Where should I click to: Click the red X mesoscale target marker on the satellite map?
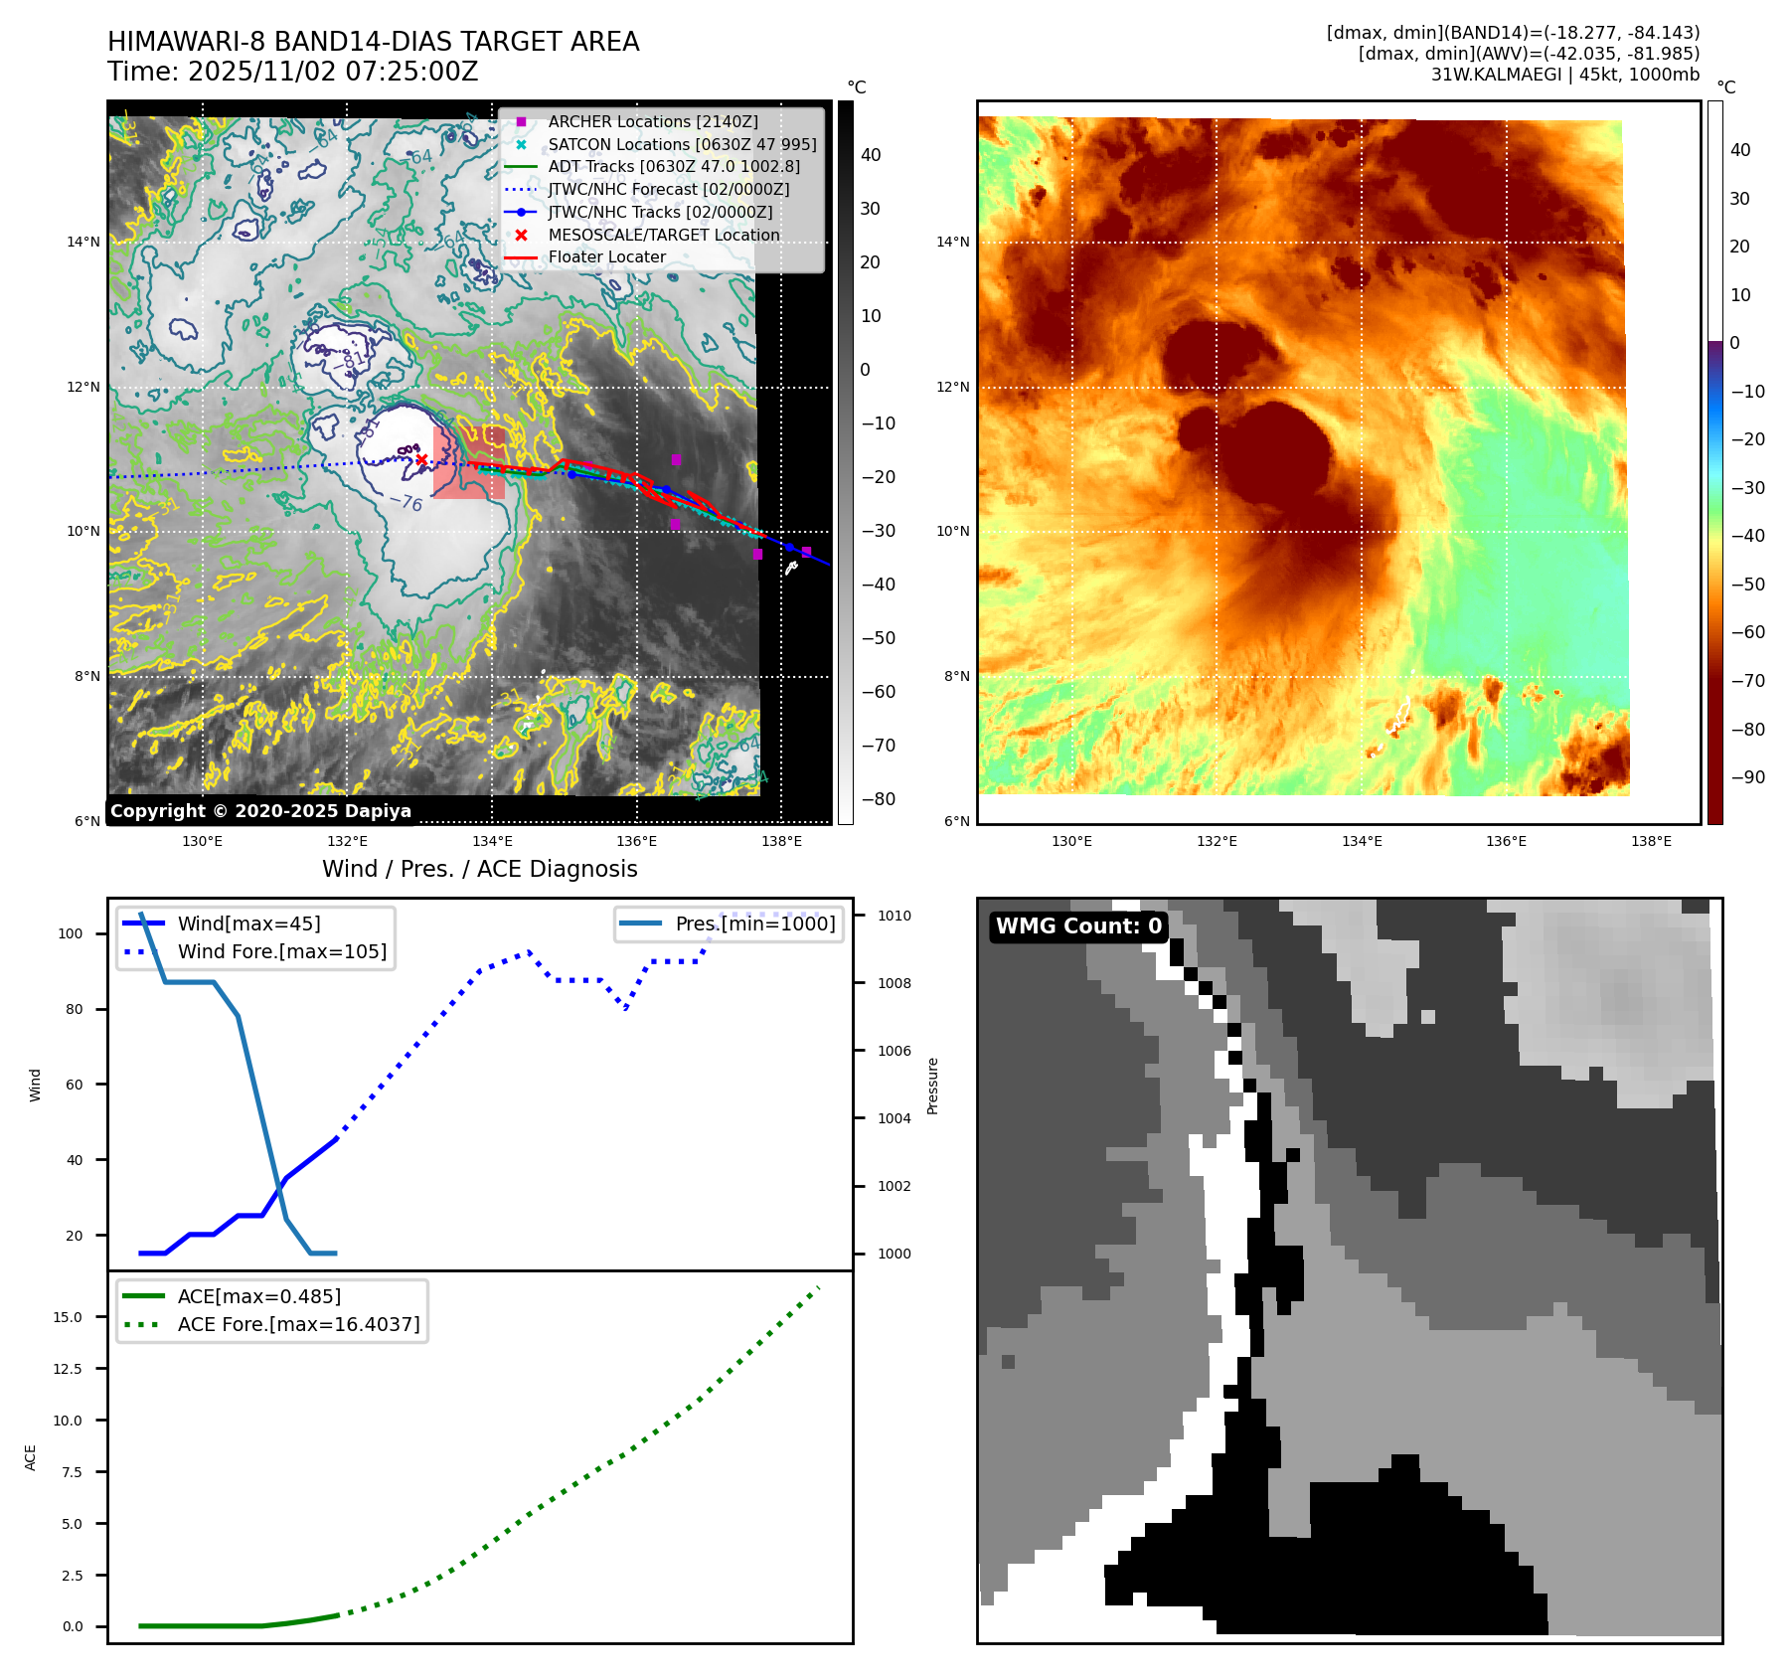pos(421,459)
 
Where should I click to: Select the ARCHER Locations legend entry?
pos(652,121)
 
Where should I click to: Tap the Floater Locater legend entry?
pos(606,256)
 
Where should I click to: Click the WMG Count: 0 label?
pos(1078,926)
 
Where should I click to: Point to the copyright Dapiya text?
pos(260,811)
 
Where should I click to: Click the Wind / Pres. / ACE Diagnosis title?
pos(479,869)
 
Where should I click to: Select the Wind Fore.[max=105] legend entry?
pos(281,951)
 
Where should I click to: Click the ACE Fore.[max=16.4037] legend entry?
pos(298,1324)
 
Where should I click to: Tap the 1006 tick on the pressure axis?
pos(894,1051)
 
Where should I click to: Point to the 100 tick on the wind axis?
pos(71,933)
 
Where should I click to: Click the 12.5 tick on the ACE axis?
pos(68,1369)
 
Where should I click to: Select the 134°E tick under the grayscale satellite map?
pos(492,841)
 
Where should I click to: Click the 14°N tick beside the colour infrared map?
pos(952,242)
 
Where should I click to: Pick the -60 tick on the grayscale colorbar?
pos(878,692)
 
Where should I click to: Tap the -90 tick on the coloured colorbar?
pos(1747,777)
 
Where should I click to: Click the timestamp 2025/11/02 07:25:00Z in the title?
pos(333,72)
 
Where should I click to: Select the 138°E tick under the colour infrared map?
pos(1651,841)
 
